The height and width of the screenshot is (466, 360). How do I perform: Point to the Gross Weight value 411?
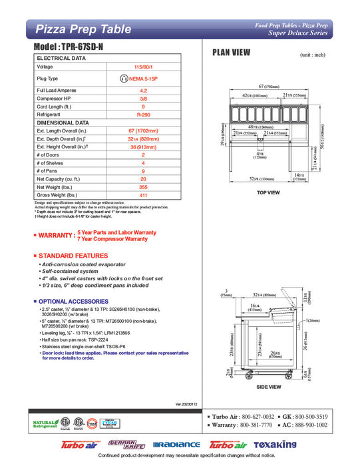[x=143, y=195]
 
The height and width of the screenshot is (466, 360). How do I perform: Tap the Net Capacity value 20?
[x=143, y=179]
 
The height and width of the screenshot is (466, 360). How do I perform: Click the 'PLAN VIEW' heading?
[x=231, y=53]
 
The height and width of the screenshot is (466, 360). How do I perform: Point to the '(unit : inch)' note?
[x=313, y=55]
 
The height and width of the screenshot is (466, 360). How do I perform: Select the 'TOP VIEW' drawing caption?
[x=268, y=192]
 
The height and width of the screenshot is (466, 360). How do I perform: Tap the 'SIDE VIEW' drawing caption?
[x=268, y=386]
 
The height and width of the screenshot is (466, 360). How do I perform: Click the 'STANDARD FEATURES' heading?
[x=73, y=256]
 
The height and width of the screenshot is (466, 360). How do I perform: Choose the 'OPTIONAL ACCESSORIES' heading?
[x=74, y=301]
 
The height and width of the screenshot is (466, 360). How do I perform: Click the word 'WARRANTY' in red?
[x=55, y=236]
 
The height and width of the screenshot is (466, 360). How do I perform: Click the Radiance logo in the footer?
[x=176, y=445]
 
